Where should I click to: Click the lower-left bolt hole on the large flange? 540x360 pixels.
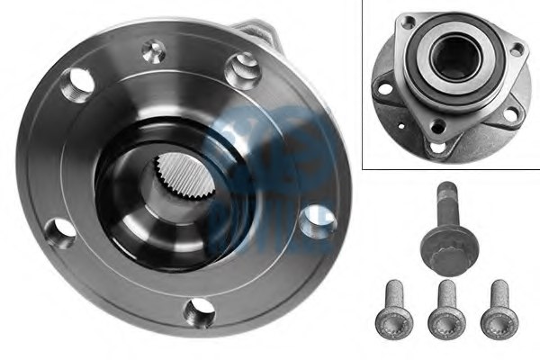[61, 232]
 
